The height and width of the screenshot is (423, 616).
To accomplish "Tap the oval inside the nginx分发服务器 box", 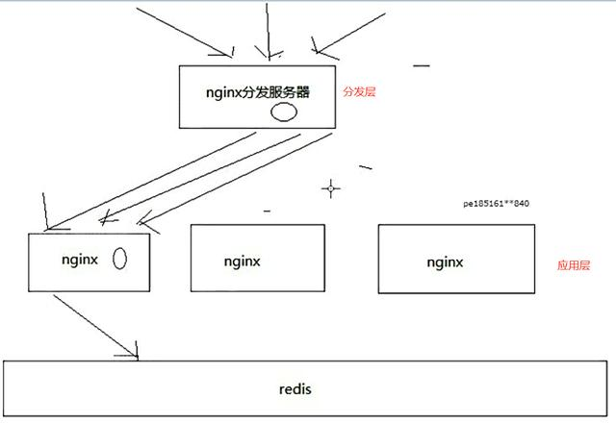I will [x=282, y=112].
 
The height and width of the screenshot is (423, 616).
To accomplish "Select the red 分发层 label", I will [x=358, y=93].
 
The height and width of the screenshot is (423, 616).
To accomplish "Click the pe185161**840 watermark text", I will [x=497, y=204].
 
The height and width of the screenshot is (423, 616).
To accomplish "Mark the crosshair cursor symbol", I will [x=330, y=188].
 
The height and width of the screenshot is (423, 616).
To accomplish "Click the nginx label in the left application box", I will [x=80, y=259].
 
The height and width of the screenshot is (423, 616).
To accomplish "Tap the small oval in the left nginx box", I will [x=121, y=259].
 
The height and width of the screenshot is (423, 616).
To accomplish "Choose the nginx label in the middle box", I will [x=243, y=261].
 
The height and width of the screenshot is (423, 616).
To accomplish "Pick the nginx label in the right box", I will [x=445, y=261].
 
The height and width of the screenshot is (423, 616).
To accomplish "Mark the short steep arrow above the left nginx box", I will [x=45, y=211].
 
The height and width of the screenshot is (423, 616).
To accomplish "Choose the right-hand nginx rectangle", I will [x=456, y=258].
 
